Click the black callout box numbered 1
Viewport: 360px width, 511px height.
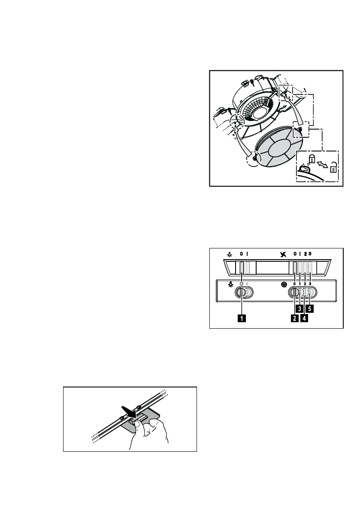pos(242,318)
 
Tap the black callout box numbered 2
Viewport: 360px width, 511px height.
pos(294,318)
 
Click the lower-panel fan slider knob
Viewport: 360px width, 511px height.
pos(294,293)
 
